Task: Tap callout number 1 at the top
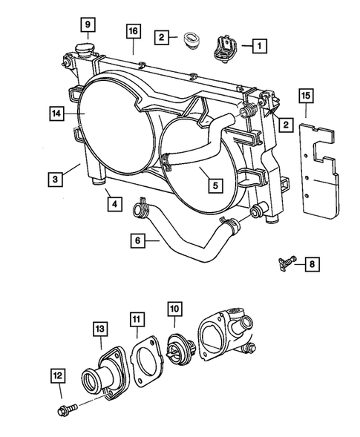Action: point(257,46)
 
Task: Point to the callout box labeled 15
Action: point(305,95)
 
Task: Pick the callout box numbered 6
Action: point(136,240)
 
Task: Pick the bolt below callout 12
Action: point(63,409)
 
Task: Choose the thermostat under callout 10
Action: point(177,349)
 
